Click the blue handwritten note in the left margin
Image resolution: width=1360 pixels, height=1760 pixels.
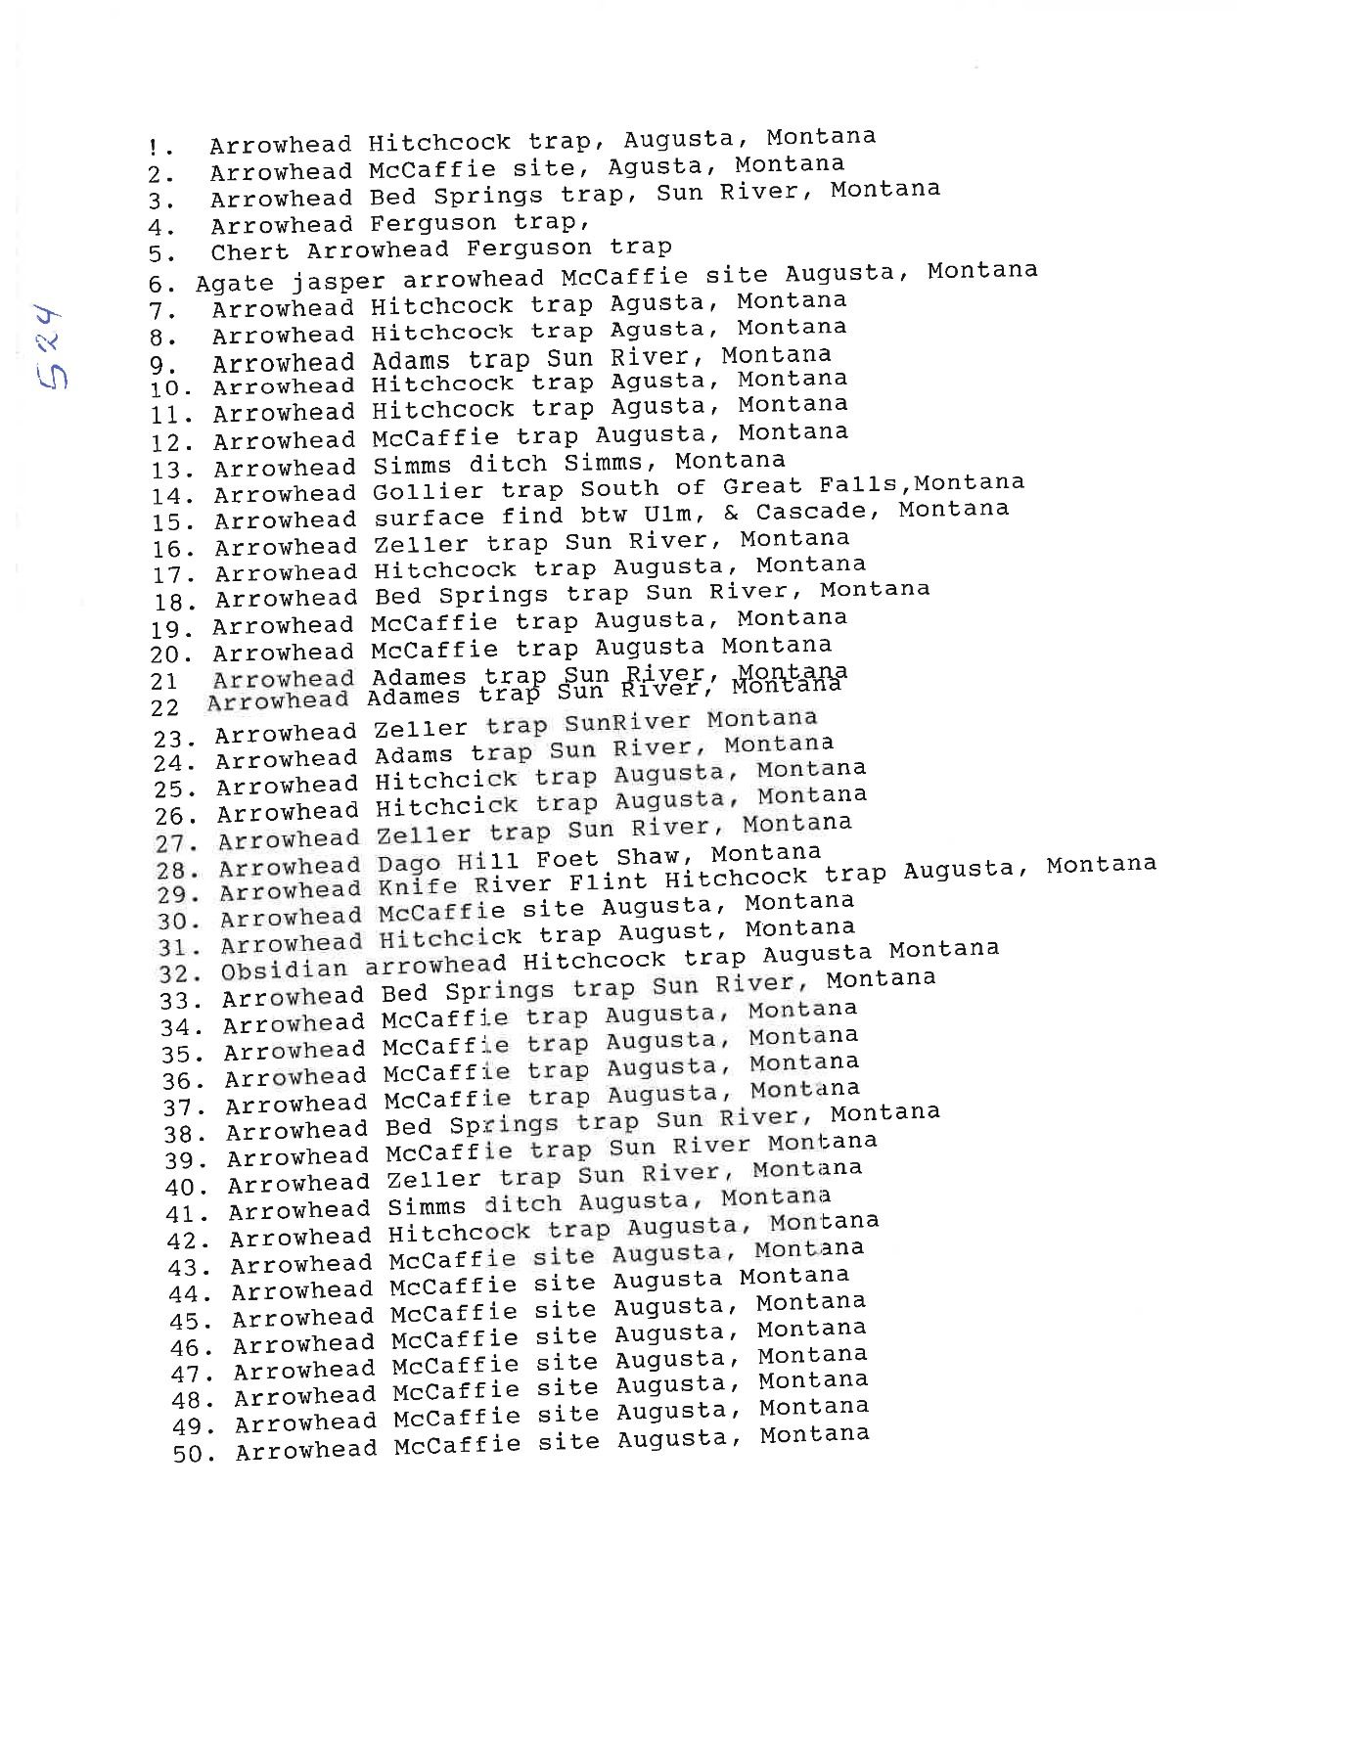47,349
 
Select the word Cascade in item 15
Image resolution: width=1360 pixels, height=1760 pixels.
811,511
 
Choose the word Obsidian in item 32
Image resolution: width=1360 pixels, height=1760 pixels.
284,970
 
